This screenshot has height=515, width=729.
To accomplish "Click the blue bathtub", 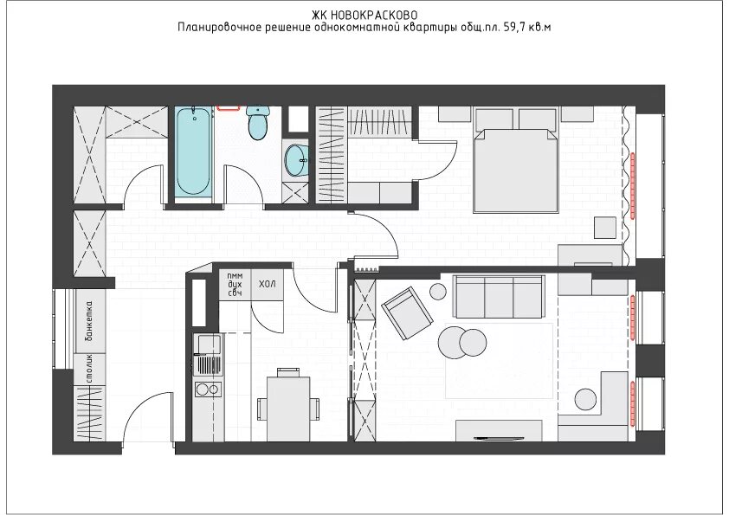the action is point(194,151).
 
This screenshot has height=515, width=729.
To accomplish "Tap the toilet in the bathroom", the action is point(257,122).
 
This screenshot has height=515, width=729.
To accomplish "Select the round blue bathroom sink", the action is point(296,160).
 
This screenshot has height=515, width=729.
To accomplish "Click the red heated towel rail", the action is point(229,108).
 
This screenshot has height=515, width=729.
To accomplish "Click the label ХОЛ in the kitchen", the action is point(267,284).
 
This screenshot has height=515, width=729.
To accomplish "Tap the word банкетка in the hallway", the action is point(89,321).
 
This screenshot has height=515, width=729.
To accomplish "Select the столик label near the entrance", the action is point(89,369).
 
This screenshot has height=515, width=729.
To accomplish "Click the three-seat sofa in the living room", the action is point(499,297).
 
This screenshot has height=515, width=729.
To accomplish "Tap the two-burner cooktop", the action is point(207,389).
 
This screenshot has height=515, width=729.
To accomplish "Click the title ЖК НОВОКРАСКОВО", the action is point(364,16).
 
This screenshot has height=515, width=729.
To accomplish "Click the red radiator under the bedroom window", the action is point(633,185).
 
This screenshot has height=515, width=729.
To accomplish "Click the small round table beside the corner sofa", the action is point(585,400).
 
